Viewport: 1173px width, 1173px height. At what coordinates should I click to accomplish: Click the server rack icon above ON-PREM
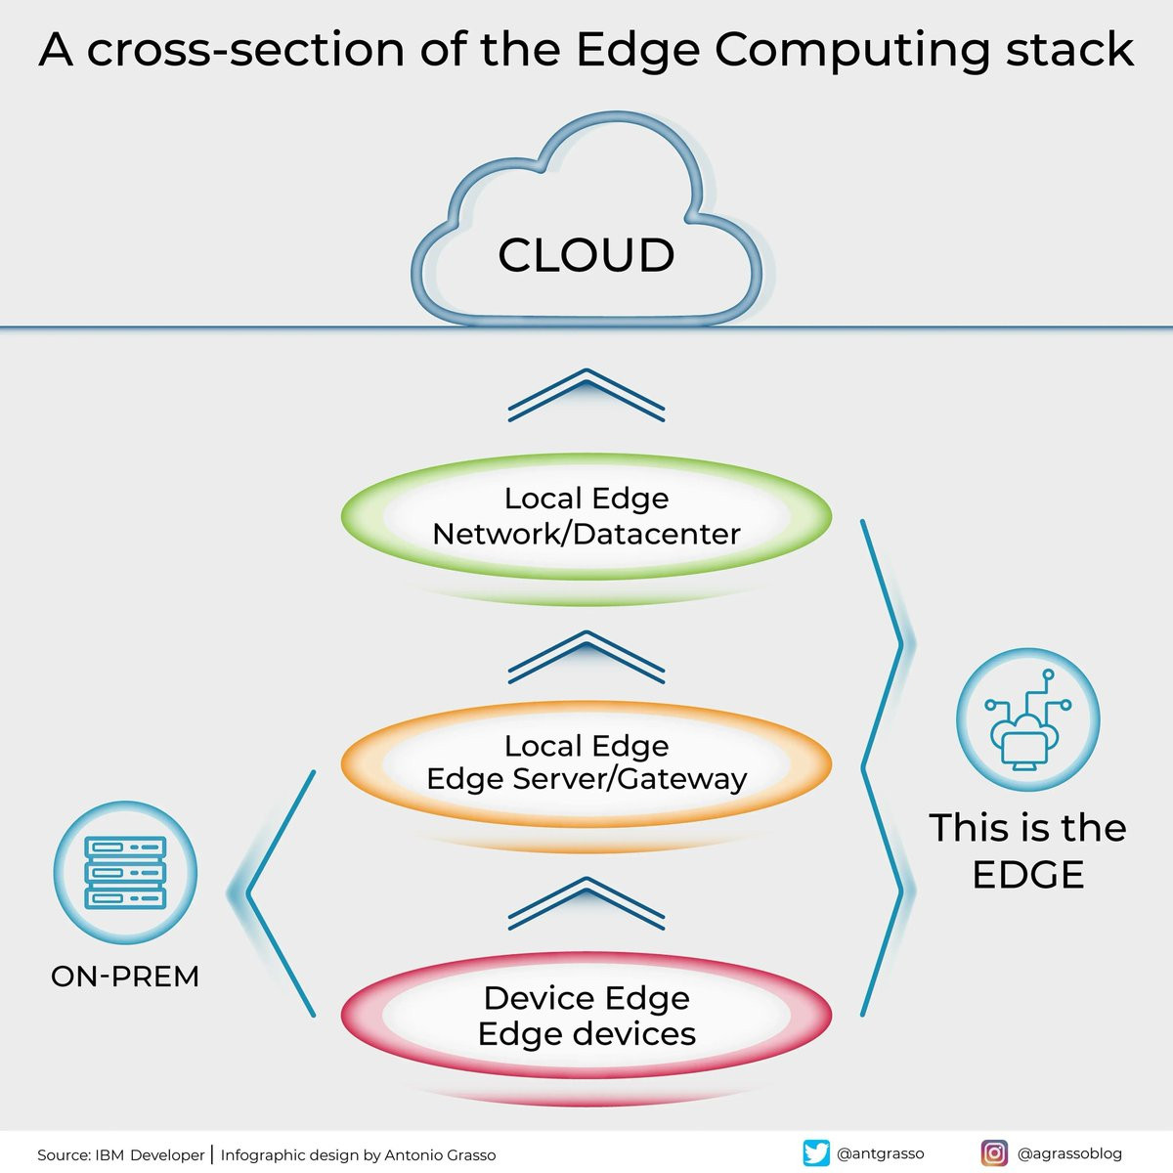[125, 872]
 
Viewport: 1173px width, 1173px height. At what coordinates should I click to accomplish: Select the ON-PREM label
[125, 977]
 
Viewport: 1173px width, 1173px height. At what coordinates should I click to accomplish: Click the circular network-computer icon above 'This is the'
[1028, 719]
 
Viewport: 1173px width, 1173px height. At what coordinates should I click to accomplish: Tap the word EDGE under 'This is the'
[1028, 875]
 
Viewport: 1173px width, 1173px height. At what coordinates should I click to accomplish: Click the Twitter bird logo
[815, 1152]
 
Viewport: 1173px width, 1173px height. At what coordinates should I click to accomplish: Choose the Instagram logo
[994, 1152]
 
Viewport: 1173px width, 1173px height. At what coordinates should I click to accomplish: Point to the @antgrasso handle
[880, 1153]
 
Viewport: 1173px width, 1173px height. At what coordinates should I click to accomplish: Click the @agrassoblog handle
[1069, 1153]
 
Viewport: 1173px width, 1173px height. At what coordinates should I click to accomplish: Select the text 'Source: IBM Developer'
[120, 1154]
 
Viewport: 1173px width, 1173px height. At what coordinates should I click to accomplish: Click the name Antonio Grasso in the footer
[440, 1154]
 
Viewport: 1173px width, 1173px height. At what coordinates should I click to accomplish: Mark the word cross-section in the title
[245, 50]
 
